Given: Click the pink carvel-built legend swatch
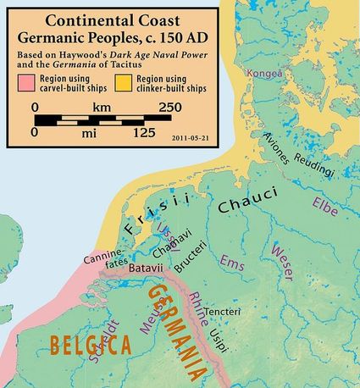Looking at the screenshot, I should pyautogui.click(x=28, y=81).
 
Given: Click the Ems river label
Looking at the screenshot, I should pyautogui.click(x=230, y=265).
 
